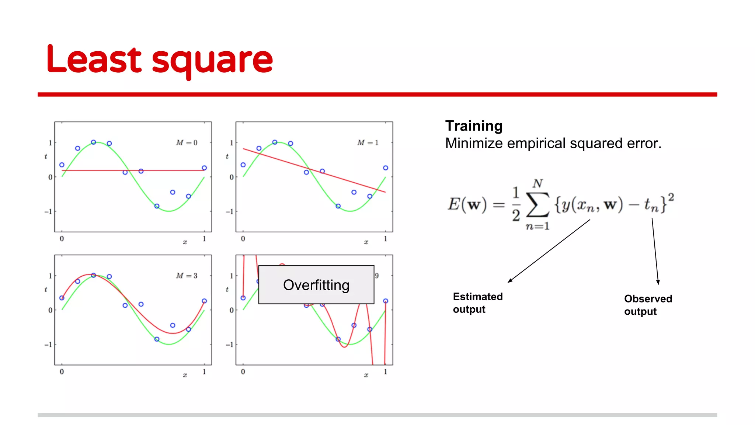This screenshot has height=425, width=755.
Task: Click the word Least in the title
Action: (x=94, y=59)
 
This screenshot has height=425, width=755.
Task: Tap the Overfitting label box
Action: (x=316, y=285)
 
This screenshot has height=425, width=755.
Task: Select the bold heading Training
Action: (x=474, y=126)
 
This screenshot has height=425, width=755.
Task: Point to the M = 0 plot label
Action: (x=187, y=143)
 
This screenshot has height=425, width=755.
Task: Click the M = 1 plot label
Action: (x=368, y=143)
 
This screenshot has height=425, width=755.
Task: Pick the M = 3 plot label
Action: (x=187, y=276)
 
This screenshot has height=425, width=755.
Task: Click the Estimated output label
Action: (x=477, y=303)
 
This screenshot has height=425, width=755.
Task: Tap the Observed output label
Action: (x=648, y=305)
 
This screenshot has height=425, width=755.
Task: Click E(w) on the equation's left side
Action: (x=467, y=204)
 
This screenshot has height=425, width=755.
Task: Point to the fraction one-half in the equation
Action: (x=516, y=204)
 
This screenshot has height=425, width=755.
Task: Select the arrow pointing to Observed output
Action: (x=655, y=251)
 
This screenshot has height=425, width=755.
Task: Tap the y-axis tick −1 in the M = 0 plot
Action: (x=48, y=212)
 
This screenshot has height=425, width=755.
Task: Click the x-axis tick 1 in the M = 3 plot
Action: (x=204, y=372)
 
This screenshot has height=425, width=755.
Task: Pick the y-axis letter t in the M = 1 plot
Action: (x=227, y=156)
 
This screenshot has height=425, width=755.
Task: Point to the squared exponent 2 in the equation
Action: (x=671, y=197)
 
